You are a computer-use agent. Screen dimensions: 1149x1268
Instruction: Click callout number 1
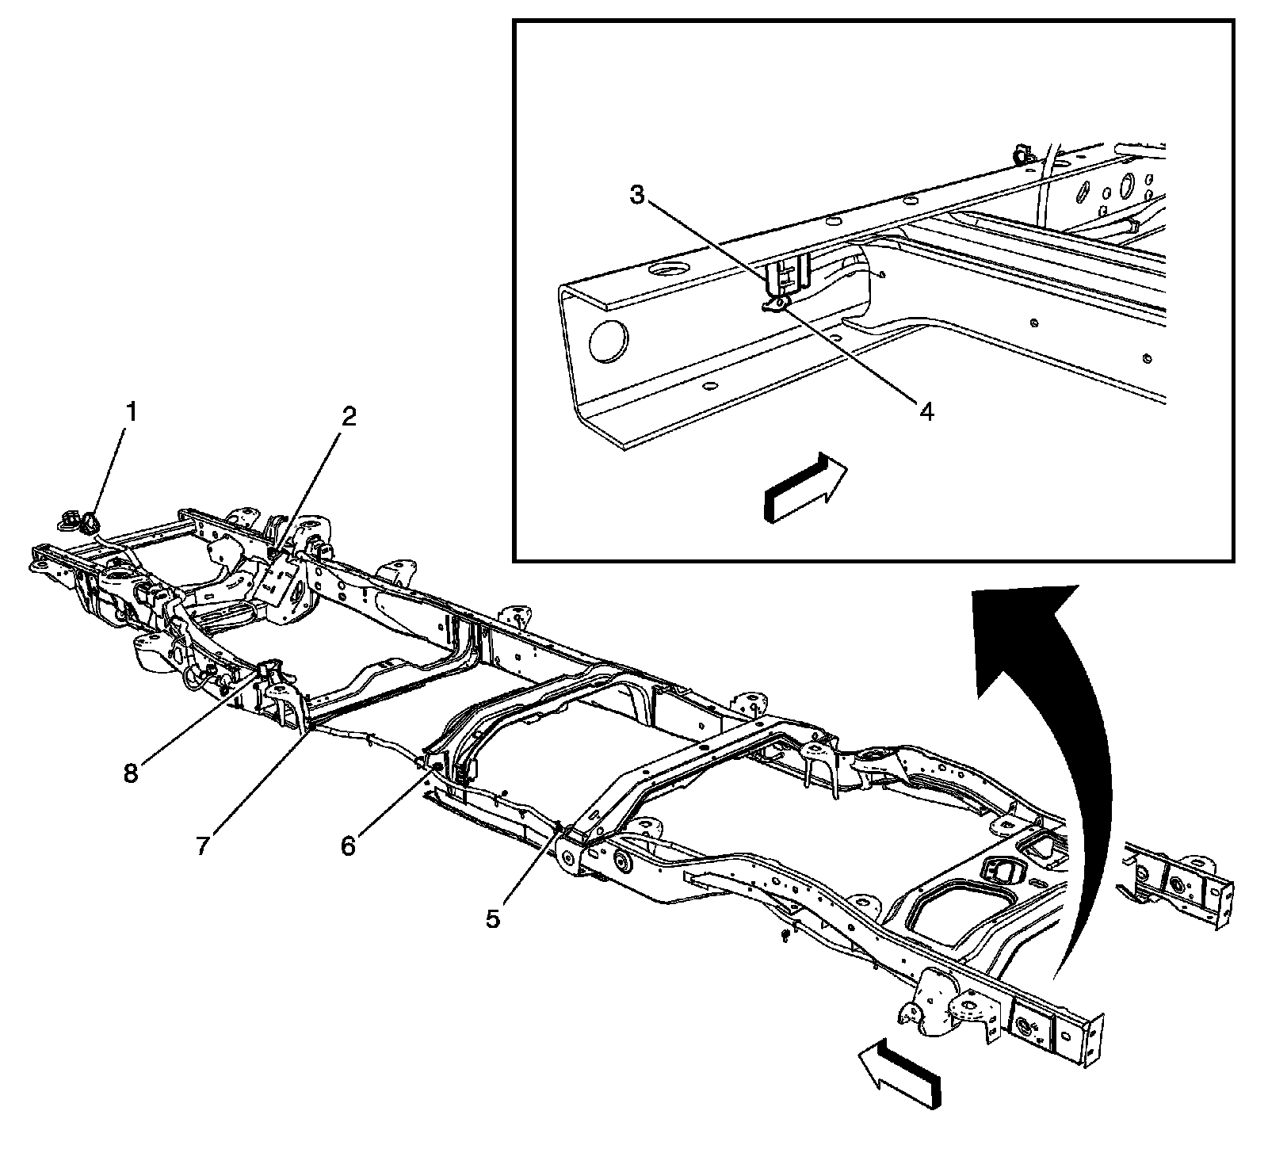pyautogui.click(x=132, y=412)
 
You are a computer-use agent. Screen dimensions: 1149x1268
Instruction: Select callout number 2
pyautogui.click(x=347, y=418)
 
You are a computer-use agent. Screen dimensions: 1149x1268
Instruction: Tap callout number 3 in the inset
pyautogui.click(x=638, y=196)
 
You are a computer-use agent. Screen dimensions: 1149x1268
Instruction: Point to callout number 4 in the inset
pyautogui.click(x=926, y=410)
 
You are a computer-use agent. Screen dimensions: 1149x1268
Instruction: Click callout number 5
pyautogui.click(x=493, y=918)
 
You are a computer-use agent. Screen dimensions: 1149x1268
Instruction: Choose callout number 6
pyautogui.click(x=349, y=846)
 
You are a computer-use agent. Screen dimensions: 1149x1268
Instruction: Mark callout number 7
pyautogui.click(x=203, y=846)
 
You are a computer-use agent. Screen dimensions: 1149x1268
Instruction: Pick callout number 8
pyautogui.click(x=130, y=773)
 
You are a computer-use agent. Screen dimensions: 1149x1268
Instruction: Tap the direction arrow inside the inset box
pyautogui.click(x=804, y=489)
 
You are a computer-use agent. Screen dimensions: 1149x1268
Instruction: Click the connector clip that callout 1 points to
pyautogui.click(x=90, y=521)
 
